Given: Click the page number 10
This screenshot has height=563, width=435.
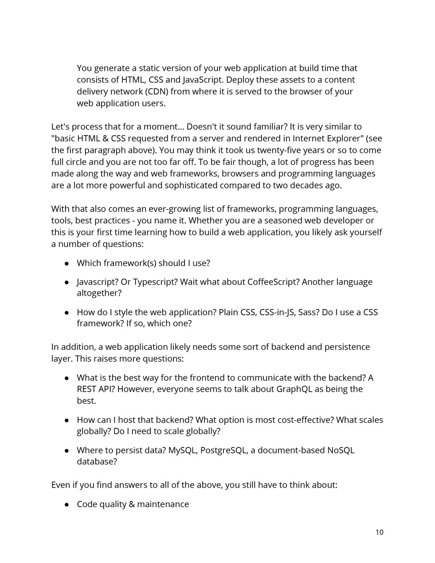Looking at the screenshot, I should pyautogui.click(x=379, y=532).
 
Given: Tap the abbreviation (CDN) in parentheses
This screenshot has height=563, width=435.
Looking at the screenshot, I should pyautogui.click(x=155, y=92).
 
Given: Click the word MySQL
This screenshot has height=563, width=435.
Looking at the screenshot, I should pyautogui.click(x=182, y=450).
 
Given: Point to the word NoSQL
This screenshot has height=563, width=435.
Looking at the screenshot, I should pyautogui.click(x=341, y=450).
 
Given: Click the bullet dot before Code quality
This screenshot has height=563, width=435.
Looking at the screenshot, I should pyautogui.click(x=67, y=504).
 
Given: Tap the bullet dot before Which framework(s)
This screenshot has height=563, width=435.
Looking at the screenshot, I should pyautogui.click(x=67, y=263).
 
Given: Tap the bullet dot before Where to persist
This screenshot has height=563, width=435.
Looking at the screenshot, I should pyautogui.click(x=67, y=450).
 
